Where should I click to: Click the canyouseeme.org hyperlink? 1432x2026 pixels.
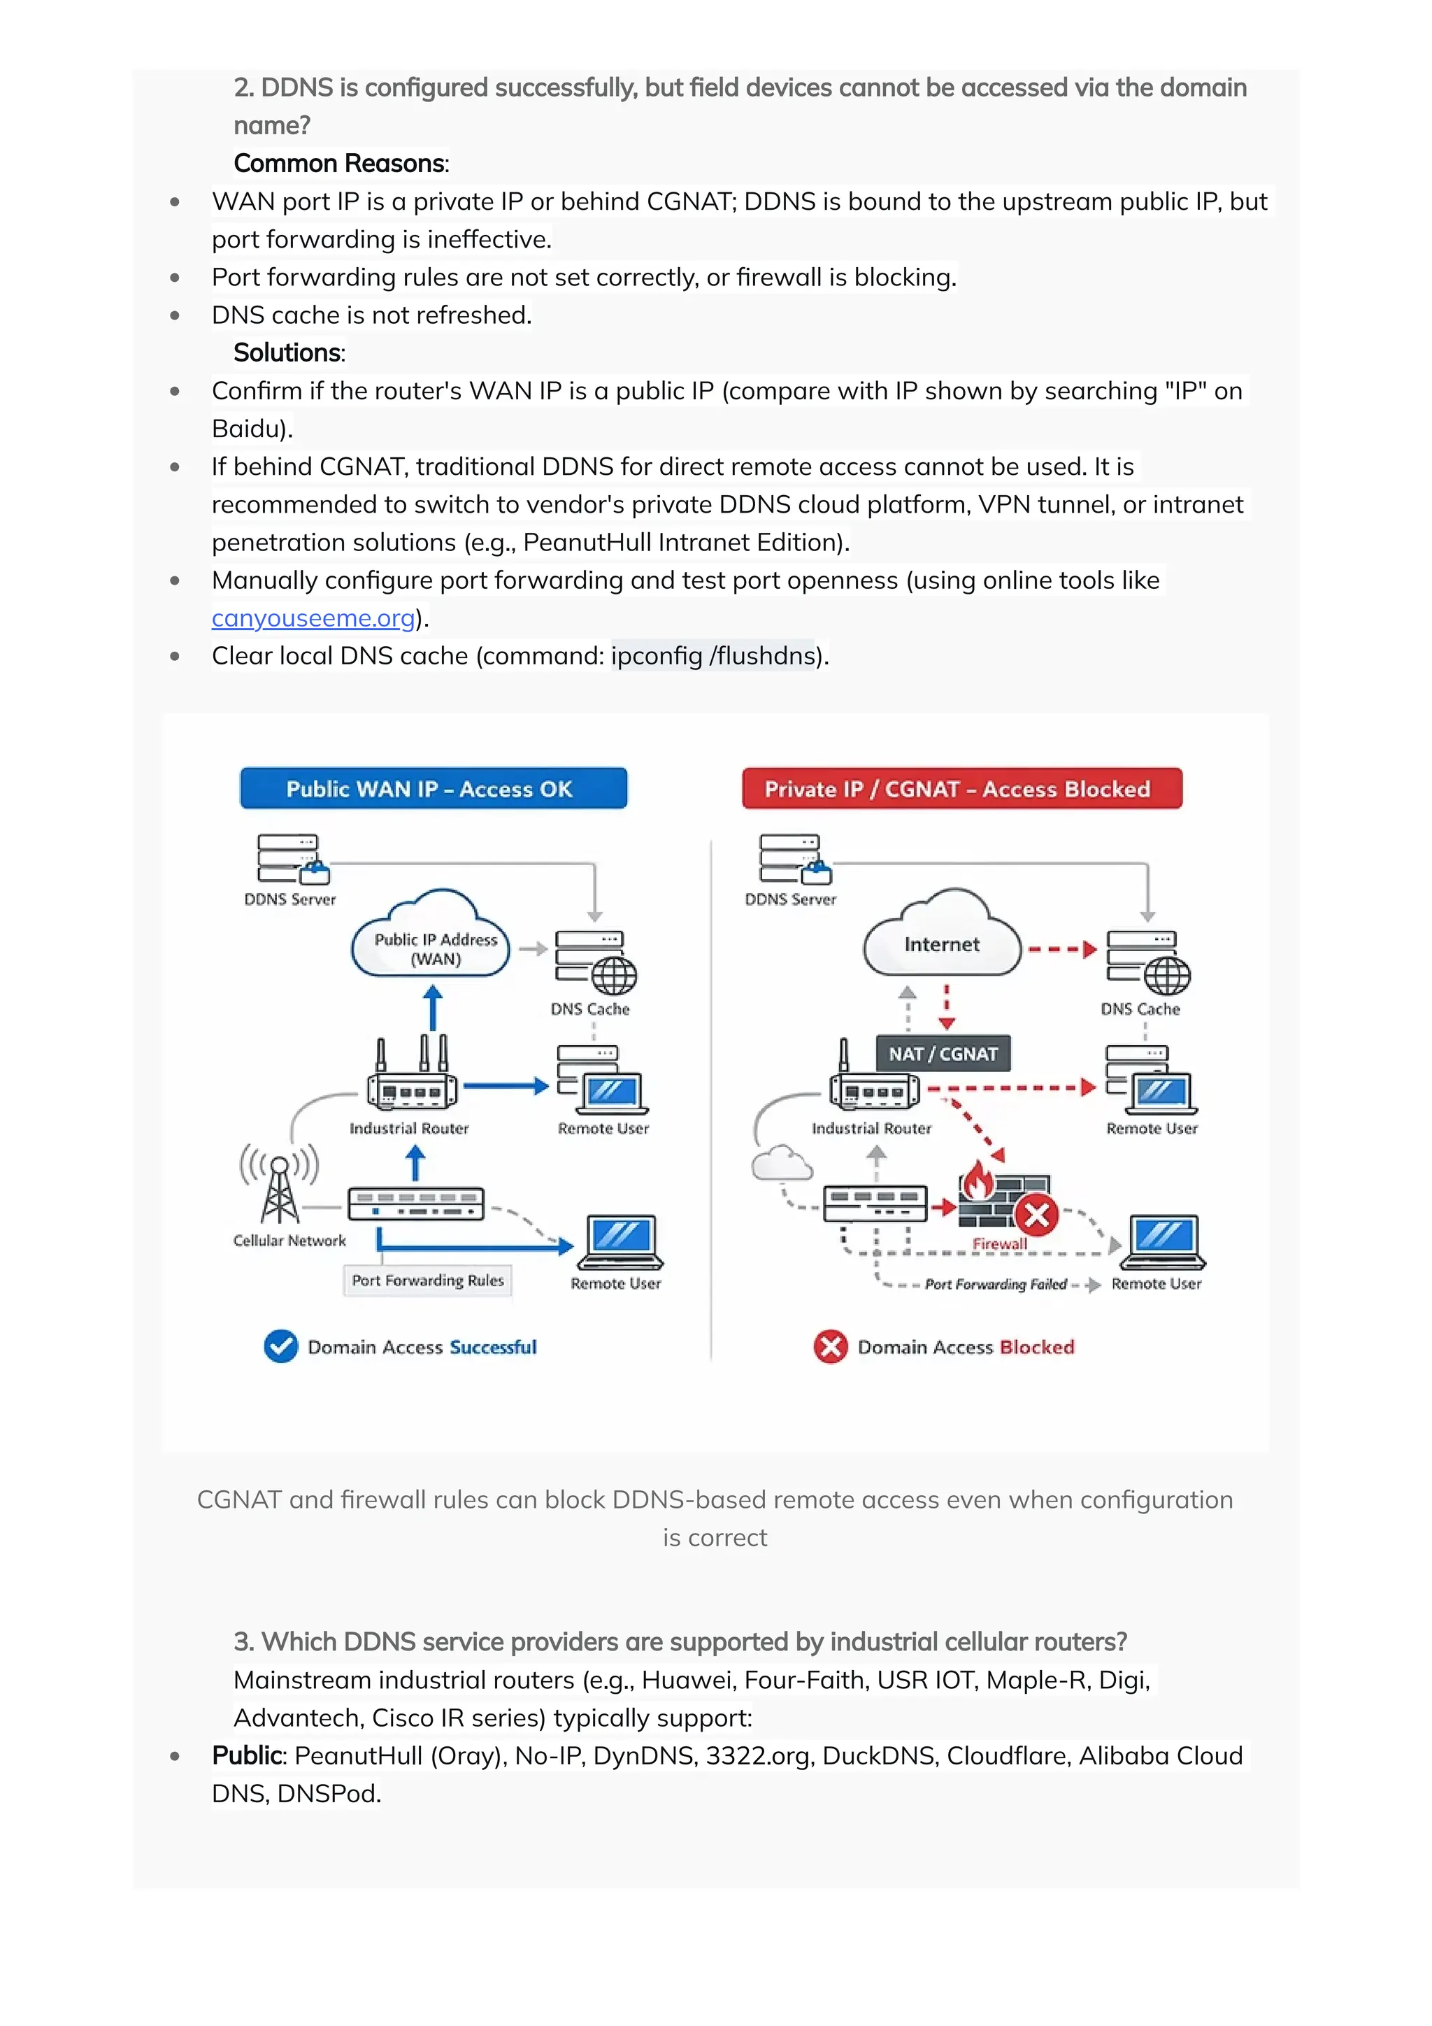(313, 618)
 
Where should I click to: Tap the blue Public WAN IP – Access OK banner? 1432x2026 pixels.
(434, 788)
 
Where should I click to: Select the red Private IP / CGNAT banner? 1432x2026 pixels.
(961, 788)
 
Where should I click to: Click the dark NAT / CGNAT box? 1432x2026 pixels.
(943, 1054)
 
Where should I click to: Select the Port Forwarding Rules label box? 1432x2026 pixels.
(427, 1280)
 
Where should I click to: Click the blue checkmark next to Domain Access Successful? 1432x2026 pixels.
(280, 1346)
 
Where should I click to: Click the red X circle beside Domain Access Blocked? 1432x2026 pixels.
(830, 1346)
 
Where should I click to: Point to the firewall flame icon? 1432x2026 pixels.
(978, 1183)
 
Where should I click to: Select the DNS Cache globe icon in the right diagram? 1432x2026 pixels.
(1167, 976)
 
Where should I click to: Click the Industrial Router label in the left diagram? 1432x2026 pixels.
(408, 1129)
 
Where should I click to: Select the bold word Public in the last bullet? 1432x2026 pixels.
(246, 1755)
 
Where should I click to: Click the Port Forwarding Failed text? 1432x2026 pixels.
(995, 1285)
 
